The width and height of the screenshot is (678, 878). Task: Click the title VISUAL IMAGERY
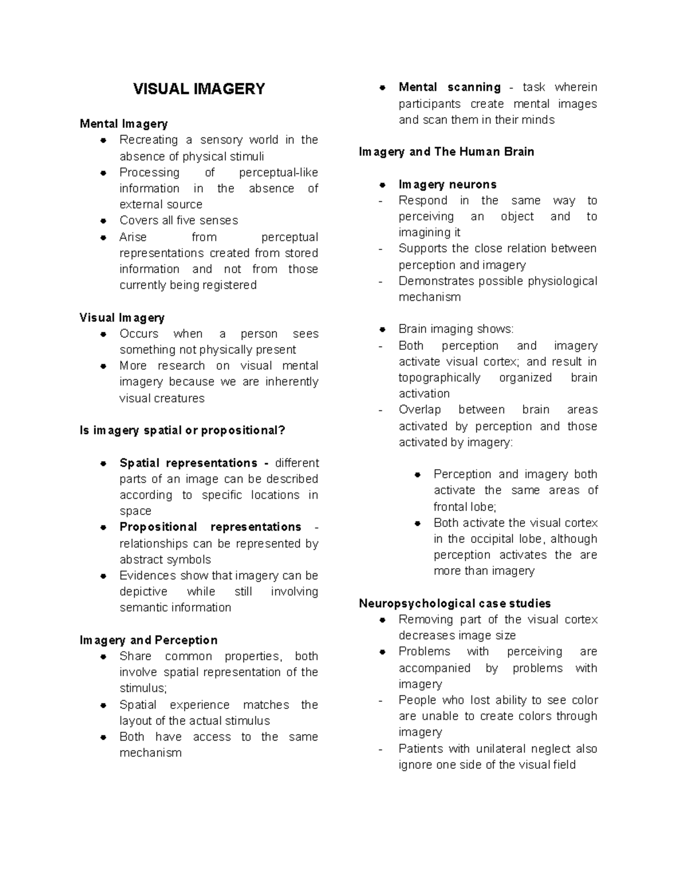click(x=199, y=89)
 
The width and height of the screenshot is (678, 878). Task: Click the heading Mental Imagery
click(x=124, y=123)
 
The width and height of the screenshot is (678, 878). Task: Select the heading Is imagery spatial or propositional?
click(x=182, y=430)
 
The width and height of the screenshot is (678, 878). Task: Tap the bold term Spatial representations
click(x=188, y=463)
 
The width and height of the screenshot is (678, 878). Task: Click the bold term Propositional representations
click(x=210, y=527)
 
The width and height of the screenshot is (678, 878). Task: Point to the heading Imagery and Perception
click(x=149, y=640)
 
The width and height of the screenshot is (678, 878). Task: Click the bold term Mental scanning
click(x=450, y=87)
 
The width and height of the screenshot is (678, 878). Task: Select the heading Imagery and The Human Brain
click(x=446, y=152)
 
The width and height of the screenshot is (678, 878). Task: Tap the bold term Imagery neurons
click(x=447, y=184)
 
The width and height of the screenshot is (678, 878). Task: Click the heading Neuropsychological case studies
click(x=455, y=603)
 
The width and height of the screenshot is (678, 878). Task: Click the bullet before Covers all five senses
click(x=103, y=220)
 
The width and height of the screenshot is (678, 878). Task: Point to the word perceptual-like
click(x=279, y=172)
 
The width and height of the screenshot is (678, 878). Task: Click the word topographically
click(x=440, y=378)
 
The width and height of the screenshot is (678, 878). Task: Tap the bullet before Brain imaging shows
click(x=383, y=329)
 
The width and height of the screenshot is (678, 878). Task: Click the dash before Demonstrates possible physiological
click(x=381, y=281)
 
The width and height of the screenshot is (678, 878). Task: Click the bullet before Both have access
click(x=103, y=737)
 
